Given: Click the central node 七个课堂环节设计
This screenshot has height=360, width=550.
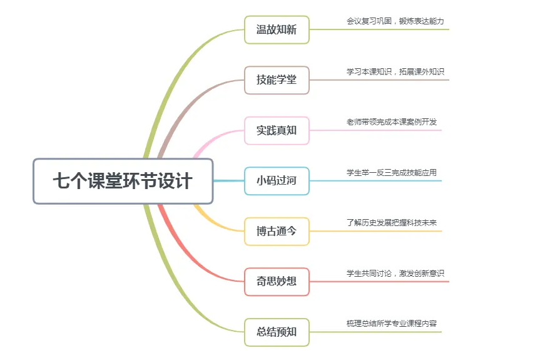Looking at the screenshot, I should [123, 182].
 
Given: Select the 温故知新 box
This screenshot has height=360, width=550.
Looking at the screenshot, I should [276, 29].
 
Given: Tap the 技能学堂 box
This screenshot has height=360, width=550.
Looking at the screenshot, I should [276, 80].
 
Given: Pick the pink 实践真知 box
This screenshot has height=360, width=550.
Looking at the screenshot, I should [276, 131].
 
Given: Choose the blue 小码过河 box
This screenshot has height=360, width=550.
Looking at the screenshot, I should [276, 181].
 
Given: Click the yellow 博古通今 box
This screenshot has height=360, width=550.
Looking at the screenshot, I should [276, 232].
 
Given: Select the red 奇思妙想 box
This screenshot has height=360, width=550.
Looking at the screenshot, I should [276, 282].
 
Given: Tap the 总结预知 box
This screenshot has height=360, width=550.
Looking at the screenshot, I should [276, 332].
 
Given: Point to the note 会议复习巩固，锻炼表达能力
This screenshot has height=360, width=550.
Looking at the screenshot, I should [395, 21].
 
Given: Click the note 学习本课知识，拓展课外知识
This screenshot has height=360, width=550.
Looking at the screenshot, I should [395, 72].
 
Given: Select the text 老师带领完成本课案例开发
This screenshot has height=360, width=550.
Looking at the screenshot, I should [391, 122].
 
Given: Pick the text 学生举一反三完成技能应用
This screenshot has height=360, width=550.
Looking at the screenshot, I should [391, 173].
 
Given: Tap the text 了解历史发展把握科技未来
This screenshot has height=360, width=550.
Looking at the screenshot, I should [391, 223].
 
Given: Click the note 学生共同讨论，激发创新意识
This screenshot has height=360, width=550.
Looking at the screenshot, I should [395, 273].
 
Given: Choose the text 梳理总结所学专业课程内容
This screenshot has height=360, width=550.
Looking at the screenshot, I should [391, 324].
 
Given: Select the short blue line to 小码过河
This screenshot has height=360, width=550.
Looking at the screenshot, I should [228, 181].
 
